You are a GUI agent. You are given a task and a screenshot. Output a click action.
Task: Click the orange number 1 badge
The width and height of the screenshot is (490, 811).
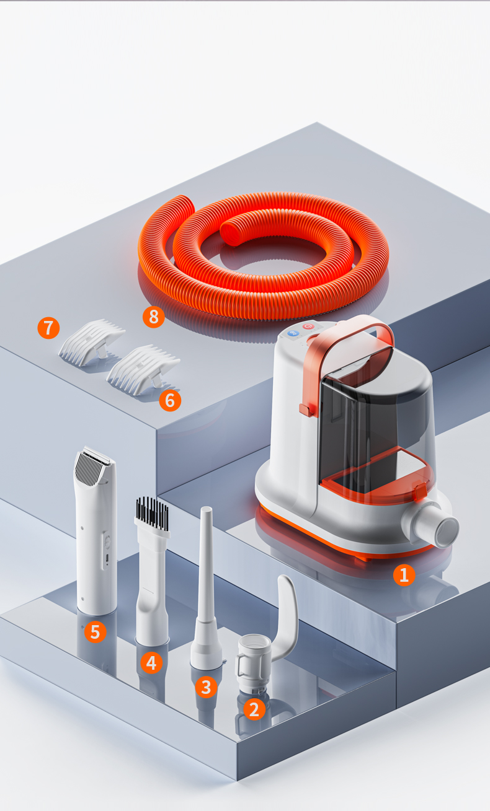coord(404,574)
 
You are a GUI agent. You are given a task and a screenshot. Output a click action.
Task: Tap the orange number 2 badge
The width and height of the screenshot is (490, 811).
coord(254,709)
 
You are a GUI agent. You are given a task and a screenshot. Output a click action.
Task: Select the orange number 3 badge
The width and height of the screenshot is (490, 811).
coord(206,687)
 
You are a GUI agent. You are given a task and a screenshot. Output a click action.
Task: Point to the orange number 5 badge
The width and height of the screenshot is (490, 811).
coord(96,631)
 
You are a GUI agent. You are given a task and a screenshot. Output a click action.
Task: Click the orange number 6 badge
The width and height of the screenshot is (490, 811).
coord(170,400)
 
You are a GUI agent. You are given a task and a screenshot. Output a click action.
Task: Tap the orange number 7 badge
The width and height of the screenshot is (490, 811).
coord(48,328)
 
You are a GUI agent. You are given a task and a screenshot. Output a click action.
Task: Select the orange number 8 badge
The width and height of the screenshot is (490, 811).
coord(154,317)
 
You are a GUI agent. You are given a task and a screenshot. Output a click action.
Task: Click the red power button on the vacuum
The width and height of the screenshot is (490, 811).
coord(308,327)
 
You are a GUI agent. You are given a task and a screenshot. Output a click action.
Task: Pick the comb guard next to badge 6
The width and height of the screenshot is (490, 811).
coord(143,369)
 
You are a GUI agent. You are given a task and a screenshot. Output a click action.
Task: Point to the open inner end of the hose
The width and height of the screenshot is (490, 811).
coord(231,234)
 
